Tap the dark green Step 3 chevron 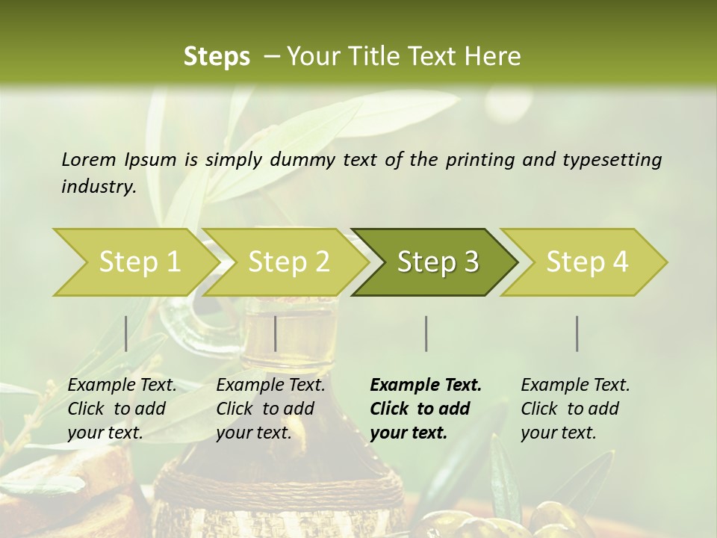tap(438, 262)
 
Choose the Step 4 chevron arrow tap(587, 262)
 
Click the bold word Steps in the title tap(217, 57)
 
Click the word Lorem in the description tap(89, 159)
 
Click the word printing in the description tap(475, 159)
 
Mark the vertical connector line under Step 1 tap(126, 333)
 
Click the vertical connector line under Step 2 tap(276, 333)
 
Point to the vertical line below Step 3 tap(426, 333)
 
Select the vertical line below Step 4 tap(577, 333)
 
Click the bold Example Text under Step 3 tap(426, 385)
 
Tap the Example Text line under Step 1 tap(122, 385)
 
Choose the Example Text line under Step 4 tap(575, 385)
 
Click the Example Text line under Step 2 tap(270, 385)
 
